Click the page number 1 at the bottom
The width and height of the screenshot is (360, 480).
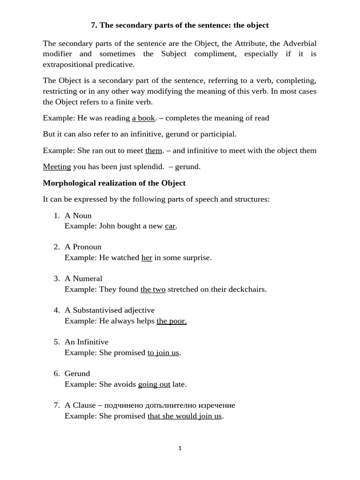(x=180, y=449)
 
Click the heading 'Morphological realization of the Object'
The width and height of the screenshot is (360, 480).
(x=114, y=183)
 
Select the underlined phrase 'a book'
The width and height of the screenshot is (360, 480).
(x=143, y=118)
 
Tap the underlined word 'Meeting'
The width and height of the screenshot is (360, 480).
(x=57, y=166)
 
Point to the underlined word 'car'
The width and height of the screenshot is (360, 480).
(x=170, y=226)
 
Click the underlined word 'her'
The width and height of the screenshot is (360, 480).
(x=147, y=257)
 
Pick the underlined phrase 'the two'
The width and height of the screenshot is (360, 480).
(x=153, y=289)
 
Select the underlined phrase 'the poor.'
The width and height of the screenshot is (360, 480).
(x=172, y=321)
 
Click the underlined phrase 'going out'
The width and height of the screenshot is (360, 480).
(x=154, y=384)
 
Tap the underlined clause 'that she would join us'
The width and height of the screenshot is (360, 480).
(x=184, y=416)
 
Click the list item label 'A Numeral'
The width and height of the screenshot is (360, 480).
(x=83, y=278)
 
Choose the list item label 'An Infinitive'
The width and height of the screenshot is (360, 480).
(x=86, y=342)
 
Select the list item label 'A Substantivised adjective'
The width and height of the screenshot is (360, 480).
(x=110, y=310)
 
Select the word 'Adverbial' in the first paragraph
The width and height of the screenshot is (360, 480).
(x=300, y=43)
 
